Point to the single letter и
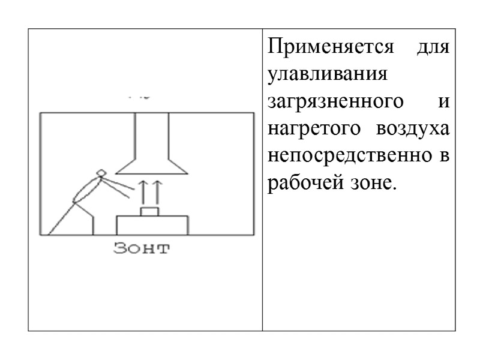(x=444, y=103)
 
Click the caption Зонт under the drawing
(x=142, y=248)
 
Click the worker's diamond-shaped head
(x=101, y=173)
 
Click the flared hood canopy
(x=150, y=164)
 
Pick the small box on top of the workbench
(x=150, y=211)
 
